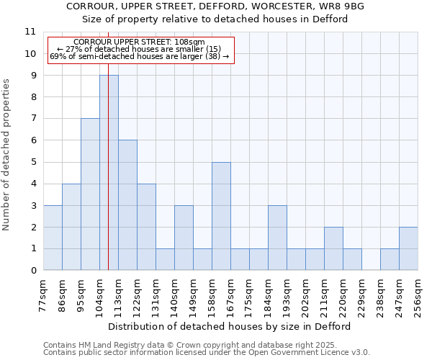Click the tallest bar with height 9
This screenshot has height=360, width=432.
tap(109, 173)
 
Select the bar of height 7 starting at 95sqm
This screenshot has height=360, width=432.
tap(90, 194)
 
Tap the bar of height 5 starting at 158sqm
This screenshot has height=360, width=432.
tap(221, 216)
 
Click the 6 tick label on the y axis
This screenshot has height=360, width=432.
tap(32, 140)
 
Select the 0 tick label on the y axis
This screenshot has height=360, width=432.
tap(32, 271)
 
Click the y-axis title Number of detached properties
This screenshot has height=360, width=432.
tap(6, 155)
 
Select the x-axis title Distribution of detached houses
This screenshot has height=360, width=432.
tap(230, 326)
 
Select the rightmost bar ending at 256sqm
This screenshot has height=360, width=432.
tap(408, 248)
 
